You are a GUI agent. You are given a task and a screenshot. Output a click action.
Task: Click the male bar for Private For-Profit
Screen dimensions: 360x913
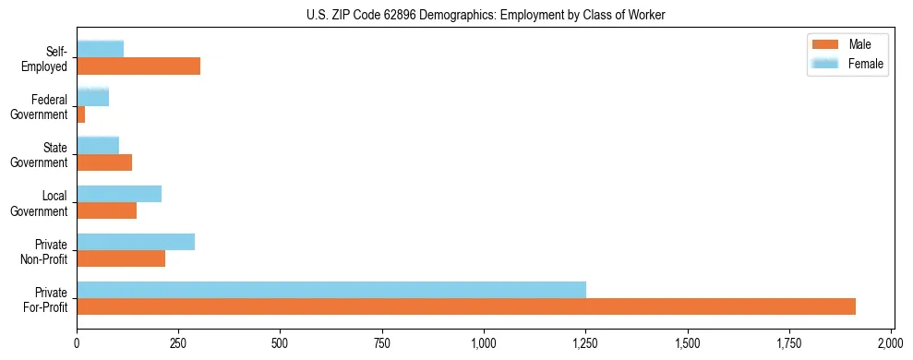[466, 306]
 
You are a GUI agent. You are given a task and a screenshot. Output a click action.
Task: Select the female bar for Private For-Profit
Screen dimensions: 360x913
[331, 290]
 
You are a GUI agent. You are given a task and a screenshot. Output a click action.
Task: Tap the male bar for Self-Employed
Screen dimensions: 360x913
[138, 66]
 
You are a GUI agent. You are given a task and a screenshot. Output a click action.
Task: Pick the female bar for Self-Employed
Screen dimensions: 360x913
[101, 49]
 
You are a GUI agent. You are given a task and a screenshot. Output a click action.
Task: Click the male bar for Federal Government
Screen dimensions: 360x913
[81, 114]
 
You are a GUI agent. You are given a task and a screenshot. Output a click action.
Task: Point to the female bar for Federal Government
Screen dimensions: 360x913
[93, 97]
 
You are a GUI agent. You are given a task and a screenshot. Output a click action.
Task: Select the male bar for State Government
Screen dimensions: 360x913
[104, 162]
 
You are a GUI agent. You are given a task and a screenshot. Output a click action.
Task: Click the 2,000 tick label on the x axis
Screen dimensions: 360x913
[891, 343]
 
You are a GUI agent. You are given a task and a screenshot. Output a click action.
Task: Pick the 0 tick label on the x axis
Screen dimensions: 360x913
[77, 343]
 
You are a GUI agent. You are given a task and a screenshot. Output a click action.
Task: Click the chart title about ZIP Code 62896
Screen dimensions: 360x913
[485, 15]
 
